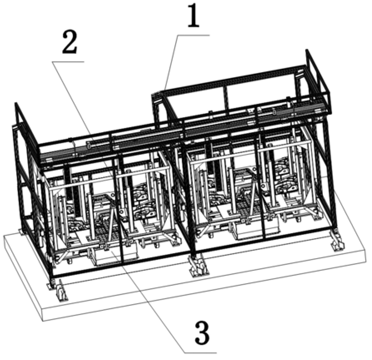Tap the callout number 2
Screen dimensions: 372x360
click(70, 43)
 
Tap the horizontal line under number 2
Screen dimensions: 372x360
click(68, 62)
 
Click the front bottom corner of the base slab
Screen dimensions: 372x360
click(43, 321)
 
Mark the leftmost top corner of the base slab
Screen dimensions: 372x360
click(4, 236)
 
